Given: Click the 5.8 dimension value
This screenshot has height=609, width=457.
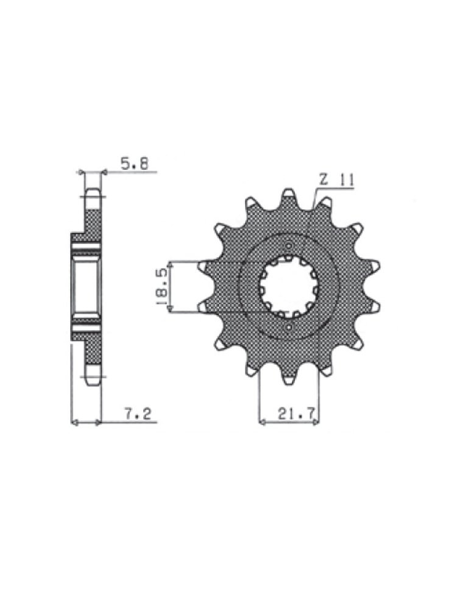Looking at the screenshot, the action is [135, 163].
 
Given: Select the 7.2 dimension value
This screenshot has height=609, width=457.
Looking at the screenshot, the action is [138, 414].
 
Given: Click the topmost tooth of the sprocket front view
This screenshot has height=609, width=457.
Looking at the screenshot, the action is [289, 196].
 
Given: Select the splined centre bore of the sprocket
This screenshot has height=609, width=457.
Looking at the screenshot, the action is [288, 287].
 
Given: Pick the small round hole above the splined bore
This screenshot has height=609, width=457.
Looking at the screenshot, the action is [288, 246].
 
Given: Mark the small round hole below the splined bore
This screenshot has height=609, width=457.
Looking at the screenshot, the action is [288, 329].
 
